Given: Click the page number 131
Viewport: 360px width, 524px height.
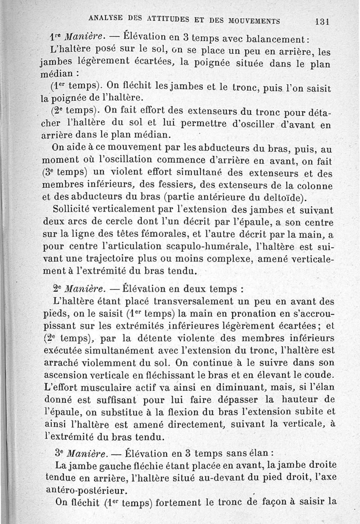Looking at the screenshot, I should tap(323, 21).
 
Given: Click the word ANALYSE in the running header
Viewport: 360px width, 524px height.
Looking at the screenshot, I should tap(108, 18).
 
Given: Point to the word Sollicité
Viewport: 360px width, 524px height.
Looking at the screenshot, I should tap(73, 209).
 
